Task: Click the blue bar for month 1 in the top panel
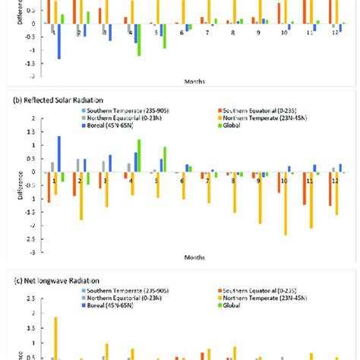tap(59, 41)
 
